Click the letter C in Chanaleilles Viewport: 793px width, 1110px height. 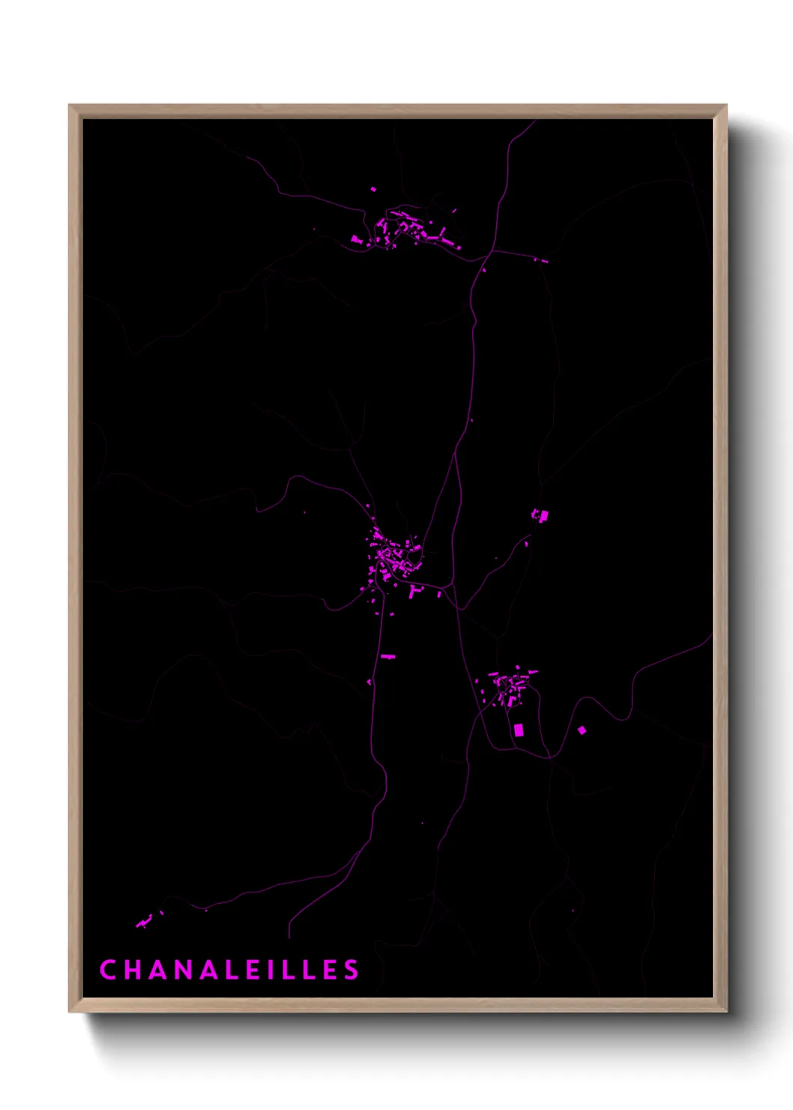[x=108, y=970]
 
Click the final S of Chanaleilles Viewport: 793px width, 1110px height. [x=351, y=970]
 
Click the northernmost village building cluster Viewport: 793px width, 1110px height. [x=408, y=229]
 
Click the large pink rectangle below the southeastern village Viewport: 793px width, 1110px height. [x=519, y=730]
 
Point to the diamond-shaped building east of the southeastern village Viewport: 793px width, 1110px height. [x=582, y=730]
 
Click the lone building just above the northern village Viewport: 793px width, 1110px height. [x=373, y=190]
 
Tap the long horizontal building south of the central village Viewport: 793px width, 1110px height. [x=388, y=657]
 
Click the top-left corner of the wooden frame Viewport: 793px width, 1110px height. [x=70, y=106]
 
